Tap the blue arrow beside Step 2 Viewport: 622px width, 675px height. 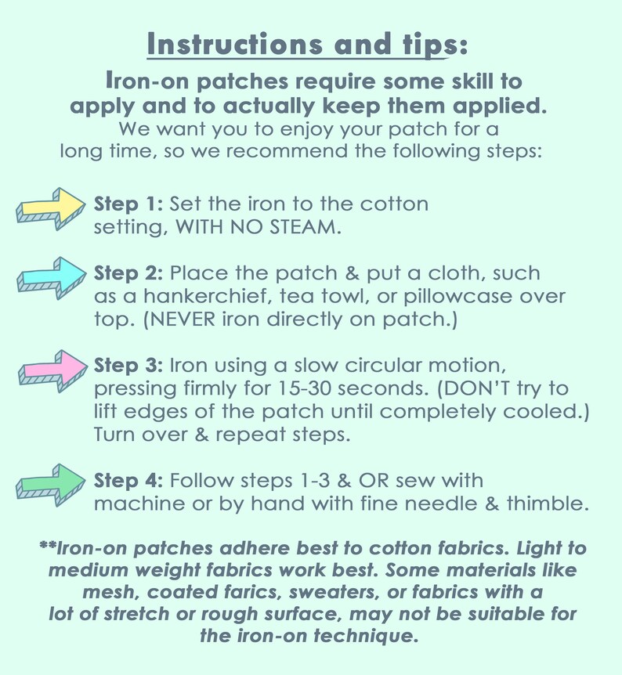(52, 278)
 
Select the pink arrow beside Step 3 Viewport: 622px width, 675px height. (52, 370)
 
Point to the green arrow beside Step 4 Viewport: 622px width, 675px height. (51, 485)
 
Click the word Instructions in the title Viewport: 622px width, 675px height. (235, 44)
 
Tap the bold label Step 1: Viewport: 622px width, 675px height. (128, 204)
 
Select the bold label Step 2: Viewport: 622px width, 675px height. (128, 273)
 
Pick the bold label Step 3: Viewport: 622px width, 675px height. (128, 366)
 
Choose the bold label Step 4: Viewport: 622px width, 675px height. (128, 481)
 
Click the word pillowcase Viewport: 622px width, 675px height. (458, 297)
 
